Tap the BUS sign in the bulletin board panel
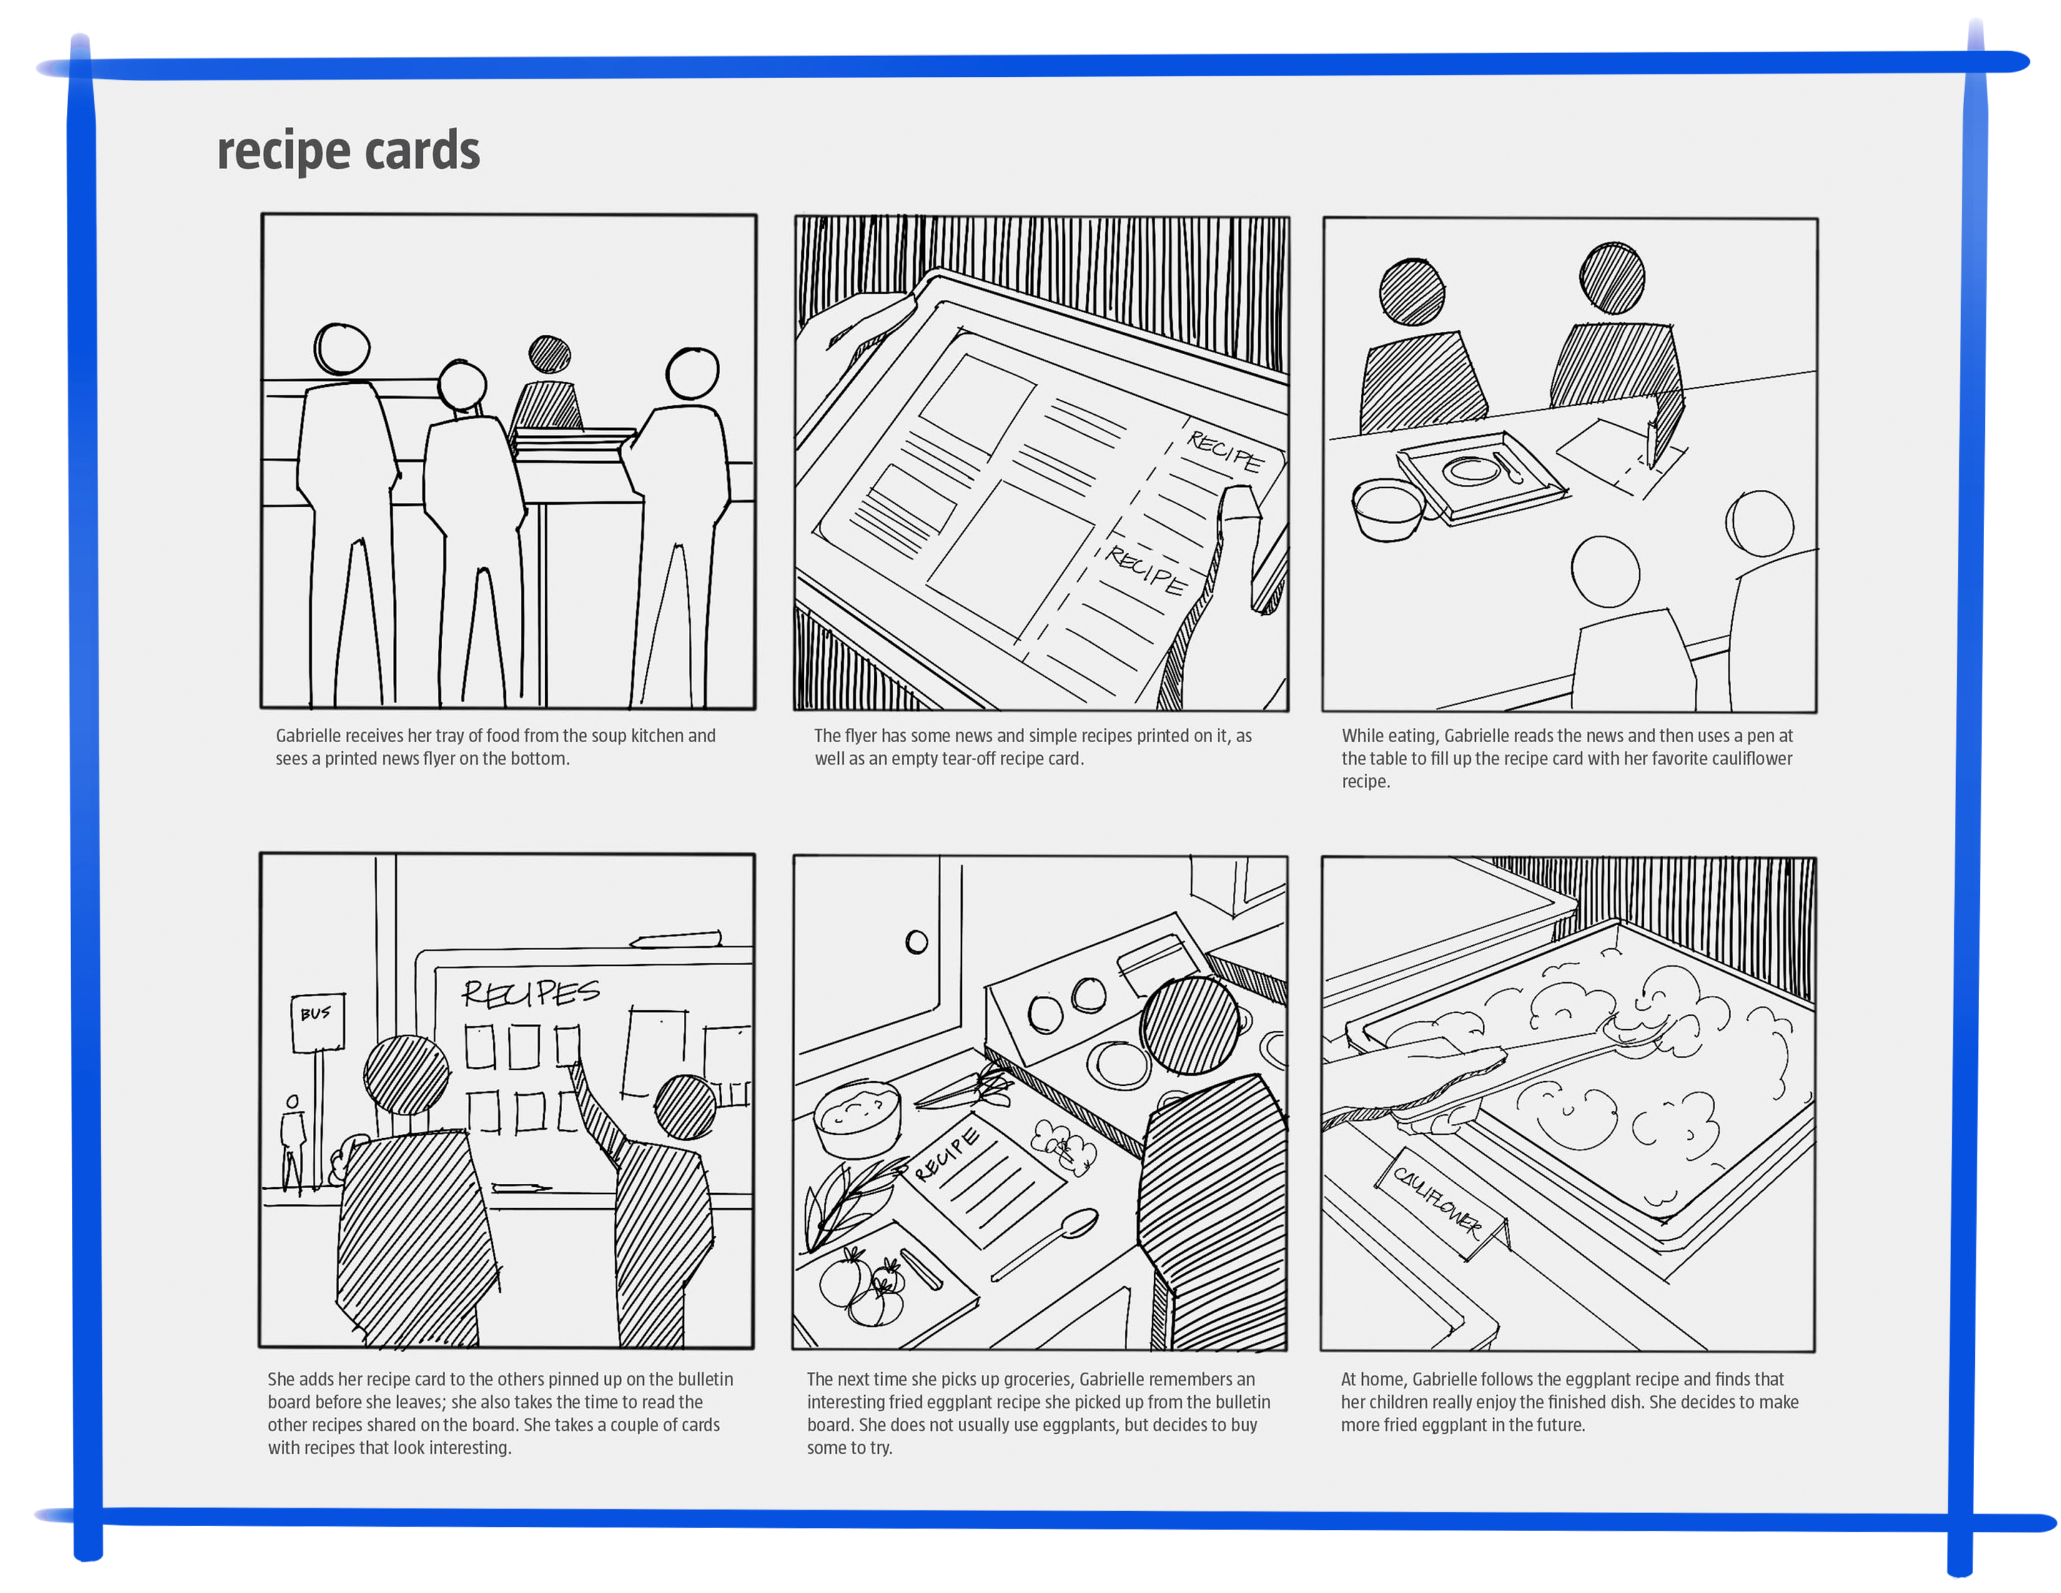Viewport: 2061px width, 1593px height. click(x=318, y=1022)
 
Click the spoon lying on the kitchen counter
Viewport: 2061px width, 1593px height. click(x=1045, y=1243)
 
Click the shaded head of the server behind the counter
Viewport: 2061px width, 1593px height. click(x=549, y=355)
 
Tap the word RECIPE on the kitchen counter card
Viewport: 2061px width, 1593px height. click(x=947, y=1153)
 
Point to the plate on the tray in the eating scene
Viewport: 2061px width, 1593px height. click(x=1470, y=469)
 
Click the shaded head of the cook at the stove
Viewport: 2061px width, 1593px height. click(x=1189, y=1025)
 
